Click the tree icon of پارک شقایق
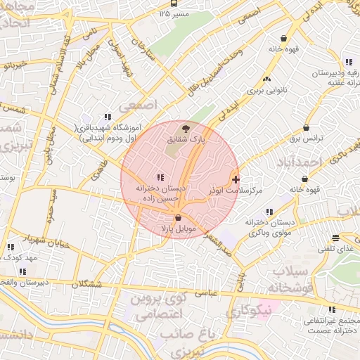186,129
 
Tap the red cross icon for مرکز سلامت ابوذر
235,179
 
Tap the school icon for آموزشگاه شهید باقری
107,117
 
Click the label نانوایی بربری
263,92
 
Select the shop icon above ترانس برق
306,128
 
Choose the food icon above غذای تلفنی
335,238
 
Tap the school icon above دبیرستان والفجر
22,271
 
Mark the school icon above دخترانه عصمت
332,309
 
